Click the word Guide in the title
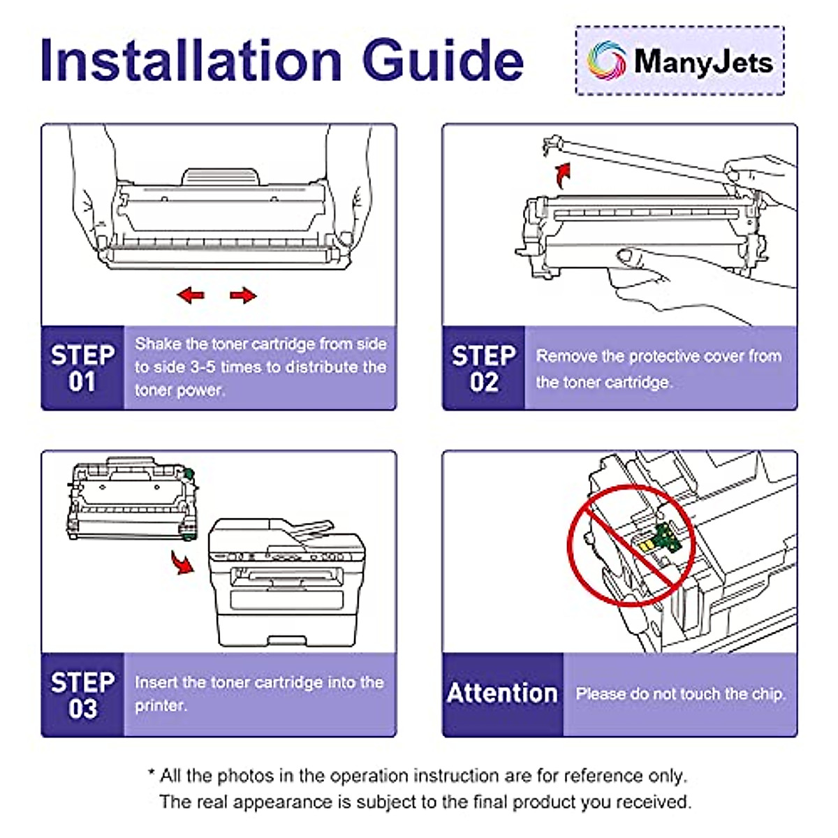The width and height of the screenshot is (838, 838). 443,61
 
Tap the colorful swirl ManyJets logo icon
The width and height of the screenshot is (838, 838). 605,61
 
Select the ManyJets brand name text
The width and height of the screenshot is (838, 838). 703,61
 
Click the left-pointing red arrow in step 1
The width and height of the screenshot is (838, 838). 191,295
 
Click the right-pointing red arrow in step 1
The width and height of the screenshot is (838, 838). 243,295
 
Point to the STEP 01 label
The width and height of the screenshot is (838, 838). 82,368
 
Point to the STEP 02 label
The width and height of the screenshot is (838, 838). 483,368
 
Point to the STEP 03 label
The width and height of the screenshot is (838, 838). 82,695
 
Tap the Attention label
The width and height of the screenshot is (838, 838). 502,693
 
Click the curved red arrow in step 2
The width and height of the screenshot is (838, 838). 562,175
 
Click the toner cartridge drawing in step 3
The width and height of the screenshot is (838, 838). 131,499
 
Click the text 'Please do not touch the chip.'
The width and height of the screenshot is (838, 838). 680,694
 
